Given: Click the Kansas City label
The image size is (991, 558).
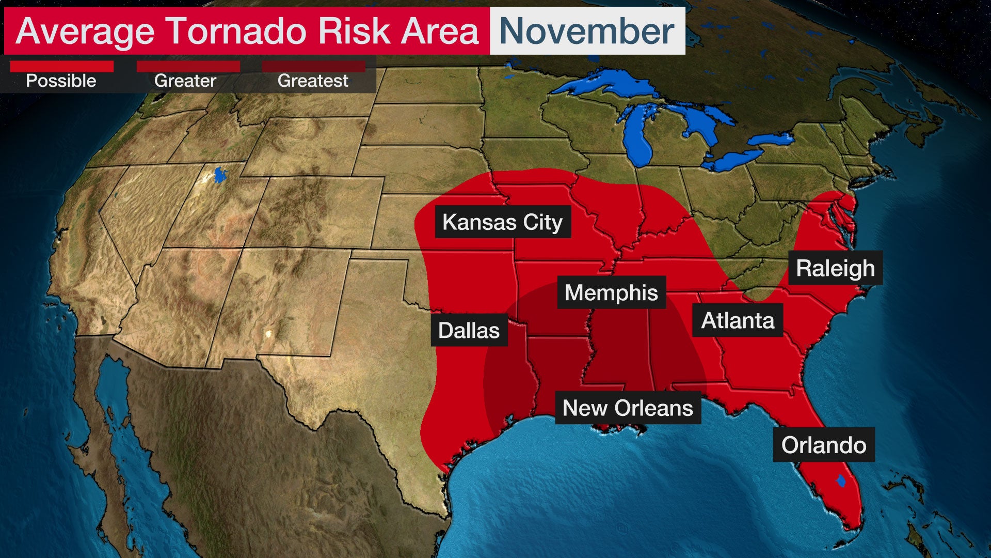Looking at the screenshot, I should point(503,222).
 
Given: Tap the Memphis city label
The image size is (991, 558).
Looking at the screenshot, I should point(611,292).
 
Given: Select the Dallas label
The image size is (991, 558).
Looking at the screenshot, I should point(469,330).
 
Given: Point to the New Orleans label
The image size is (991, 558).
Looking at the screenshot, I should point(628,408).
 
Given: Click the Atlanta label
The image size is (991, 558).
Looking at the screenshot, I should point(738,321).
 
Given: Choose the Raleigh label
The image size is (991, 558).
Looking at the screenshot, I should point(835,268).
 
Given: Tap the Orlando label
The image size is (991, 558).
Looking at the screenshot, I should point(823,445).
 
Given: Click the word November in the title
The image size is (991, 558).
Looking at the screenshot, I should point(587,31).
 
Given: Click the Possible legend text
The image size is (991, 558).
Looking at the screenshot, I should point(61,81).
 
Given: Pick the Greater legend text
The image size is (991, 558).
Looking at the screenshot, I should point(185,81).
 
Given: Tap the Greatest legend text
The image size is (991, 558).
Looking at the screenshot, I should point(313,81).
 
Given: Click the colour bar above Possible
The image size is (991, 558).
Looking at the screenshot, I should point(62,66).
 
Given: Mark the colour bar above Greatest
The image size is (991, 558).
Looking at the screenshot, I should point(313,66).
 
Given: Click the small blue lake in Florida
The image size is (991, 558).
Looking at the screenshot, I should point(841,481).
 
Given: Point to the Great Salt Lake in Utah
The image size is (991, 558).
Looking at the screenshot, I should point(220,174).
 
